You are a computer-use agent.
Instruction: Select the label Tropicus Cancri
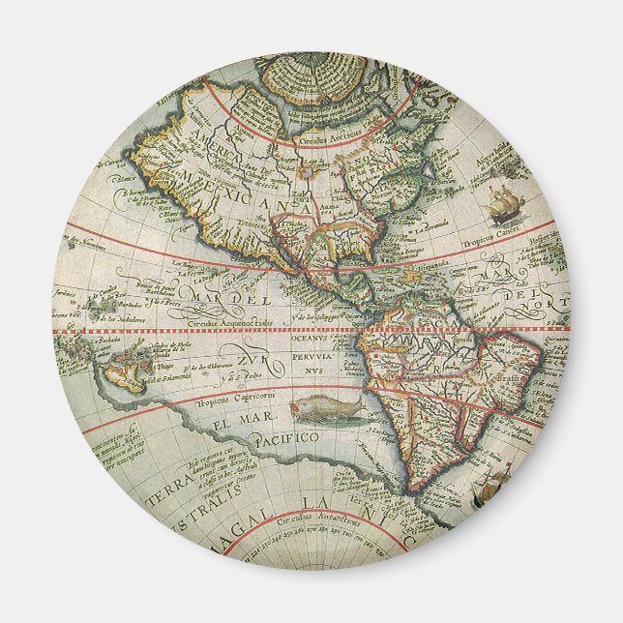519,240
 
